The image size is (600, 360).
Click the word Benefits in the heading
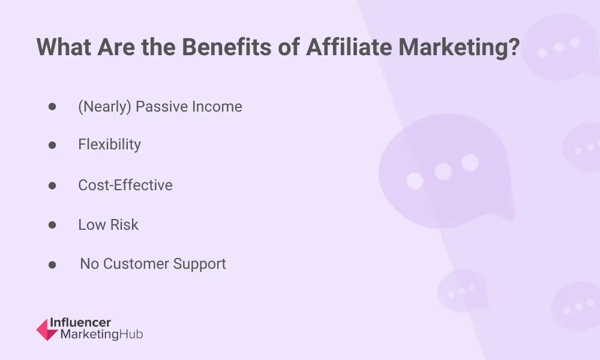coord(227,47)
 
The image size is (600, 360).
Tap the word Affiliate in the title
coord(349,47)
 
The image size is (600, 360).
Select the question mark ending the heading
coord(514,47)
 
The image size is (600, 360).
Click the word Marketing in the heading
coord(453,48)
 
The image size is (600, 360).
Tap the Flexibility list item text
coord(109,145)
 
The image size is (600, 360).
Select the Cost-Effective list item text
coord(125,185)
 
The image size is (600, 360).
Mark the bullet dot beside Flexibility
coord(52,145)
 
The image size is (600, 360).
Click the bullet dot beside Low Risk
coord(52,225)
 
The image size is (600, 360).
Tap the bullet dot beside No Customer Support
coord(52,265)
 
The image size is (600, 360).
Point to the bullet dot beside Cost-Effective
coord(52,186)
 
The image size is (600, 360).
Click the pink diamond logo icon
coord(47,329)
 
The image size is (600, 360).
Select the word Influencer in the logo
coord(80,323)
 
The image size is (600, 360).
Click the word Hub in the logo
coord(131,334)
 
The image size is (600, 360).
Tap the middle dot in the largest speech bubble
coord(443,172)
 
